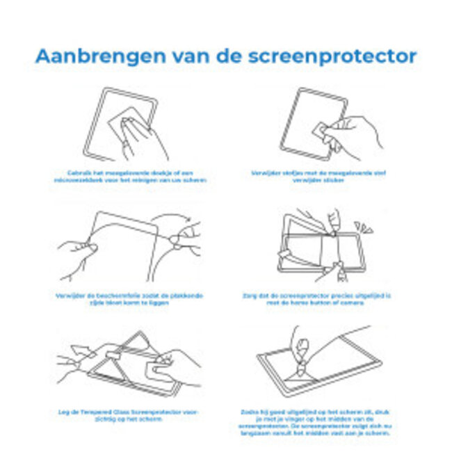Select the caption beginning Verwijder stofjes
click(x=328, y=177)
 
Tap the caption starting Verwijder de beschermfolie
click(x=129, y=299)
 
